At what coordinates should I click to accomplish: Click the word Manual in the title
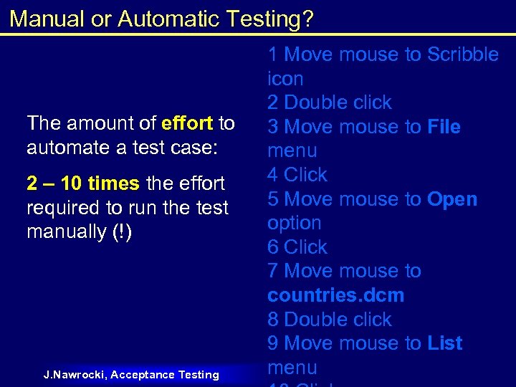pyautogui.click(x=47, y=19)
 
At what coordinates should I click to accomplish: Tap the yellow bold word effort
pyautogui.click(x=187, y=123)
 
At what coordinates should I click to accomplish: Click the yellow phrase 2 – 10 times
pyautogui.click(x=83, y=183)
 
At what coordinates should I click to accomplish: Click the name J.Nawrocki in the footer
pyautogui.click(x=75, y=374)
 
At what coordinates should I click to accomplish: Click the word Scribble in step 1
pyautogui.click(x=463, y=54)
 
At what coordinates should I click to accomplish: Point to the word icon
pyautogui.click(x=285, y=79)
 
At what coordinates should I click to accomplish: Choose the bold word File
pyautogui.click(x=444, y=127)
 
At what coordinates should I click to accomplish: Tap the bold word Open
pyautogui.click(x=452, y=199)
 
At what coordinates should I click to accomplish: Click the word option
pyautogui.click(x=294, y=224)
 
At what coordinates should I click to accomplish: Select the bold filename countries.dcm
pyautogui.click(x=335, y=295)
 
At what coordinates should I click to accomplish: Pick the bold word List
pyautogui.click(x=444, y=343)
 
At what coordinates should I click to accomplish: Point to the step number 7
pyautogui.click(x=273, y=272)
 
